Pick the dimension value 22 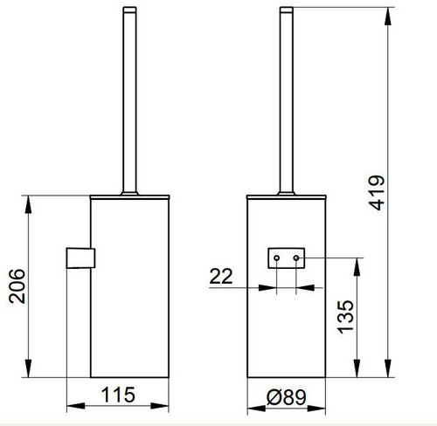pyautogui.click(x=221, y=278)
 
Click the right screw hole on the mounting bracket pyautogui.click(x=297, y=258)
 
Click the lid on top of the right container pyautogui.click(x=287, y=194)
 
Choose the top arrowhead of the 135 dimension pyautogui.click(x=354, y=262)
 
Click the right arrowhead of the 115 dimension pyautogui.click(x=167, y=407)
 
